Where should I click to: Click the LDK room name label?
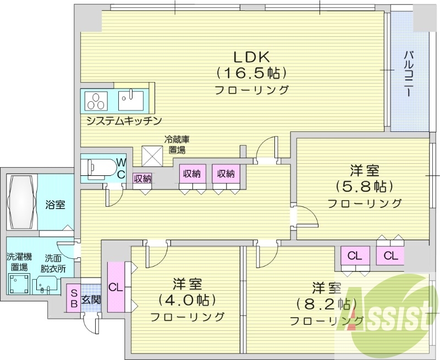[x=251, y=56]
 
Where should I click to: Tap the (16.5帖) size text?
[x=251, y=72]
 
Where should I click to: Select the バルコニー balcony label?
[x=409, y=75]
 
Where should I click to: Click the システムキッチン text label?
[x=123, y=120]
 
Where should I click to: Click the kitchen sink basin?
[x=131, y=100]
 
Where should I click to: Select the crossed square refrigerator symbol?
[x=152, y=156]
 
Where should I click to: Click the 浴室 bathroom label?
[x=55, y=206]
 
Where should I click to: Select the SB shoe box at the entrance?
[x=73, y=300]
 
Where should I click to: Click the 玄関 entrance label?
[x=91, y=300]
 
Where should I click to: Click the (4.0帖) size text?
[x=187, y=300]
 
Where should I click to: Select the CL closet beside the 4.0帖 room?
[x=116, y=287]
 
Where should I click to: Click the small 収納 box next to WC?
[x=142, y=178]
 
